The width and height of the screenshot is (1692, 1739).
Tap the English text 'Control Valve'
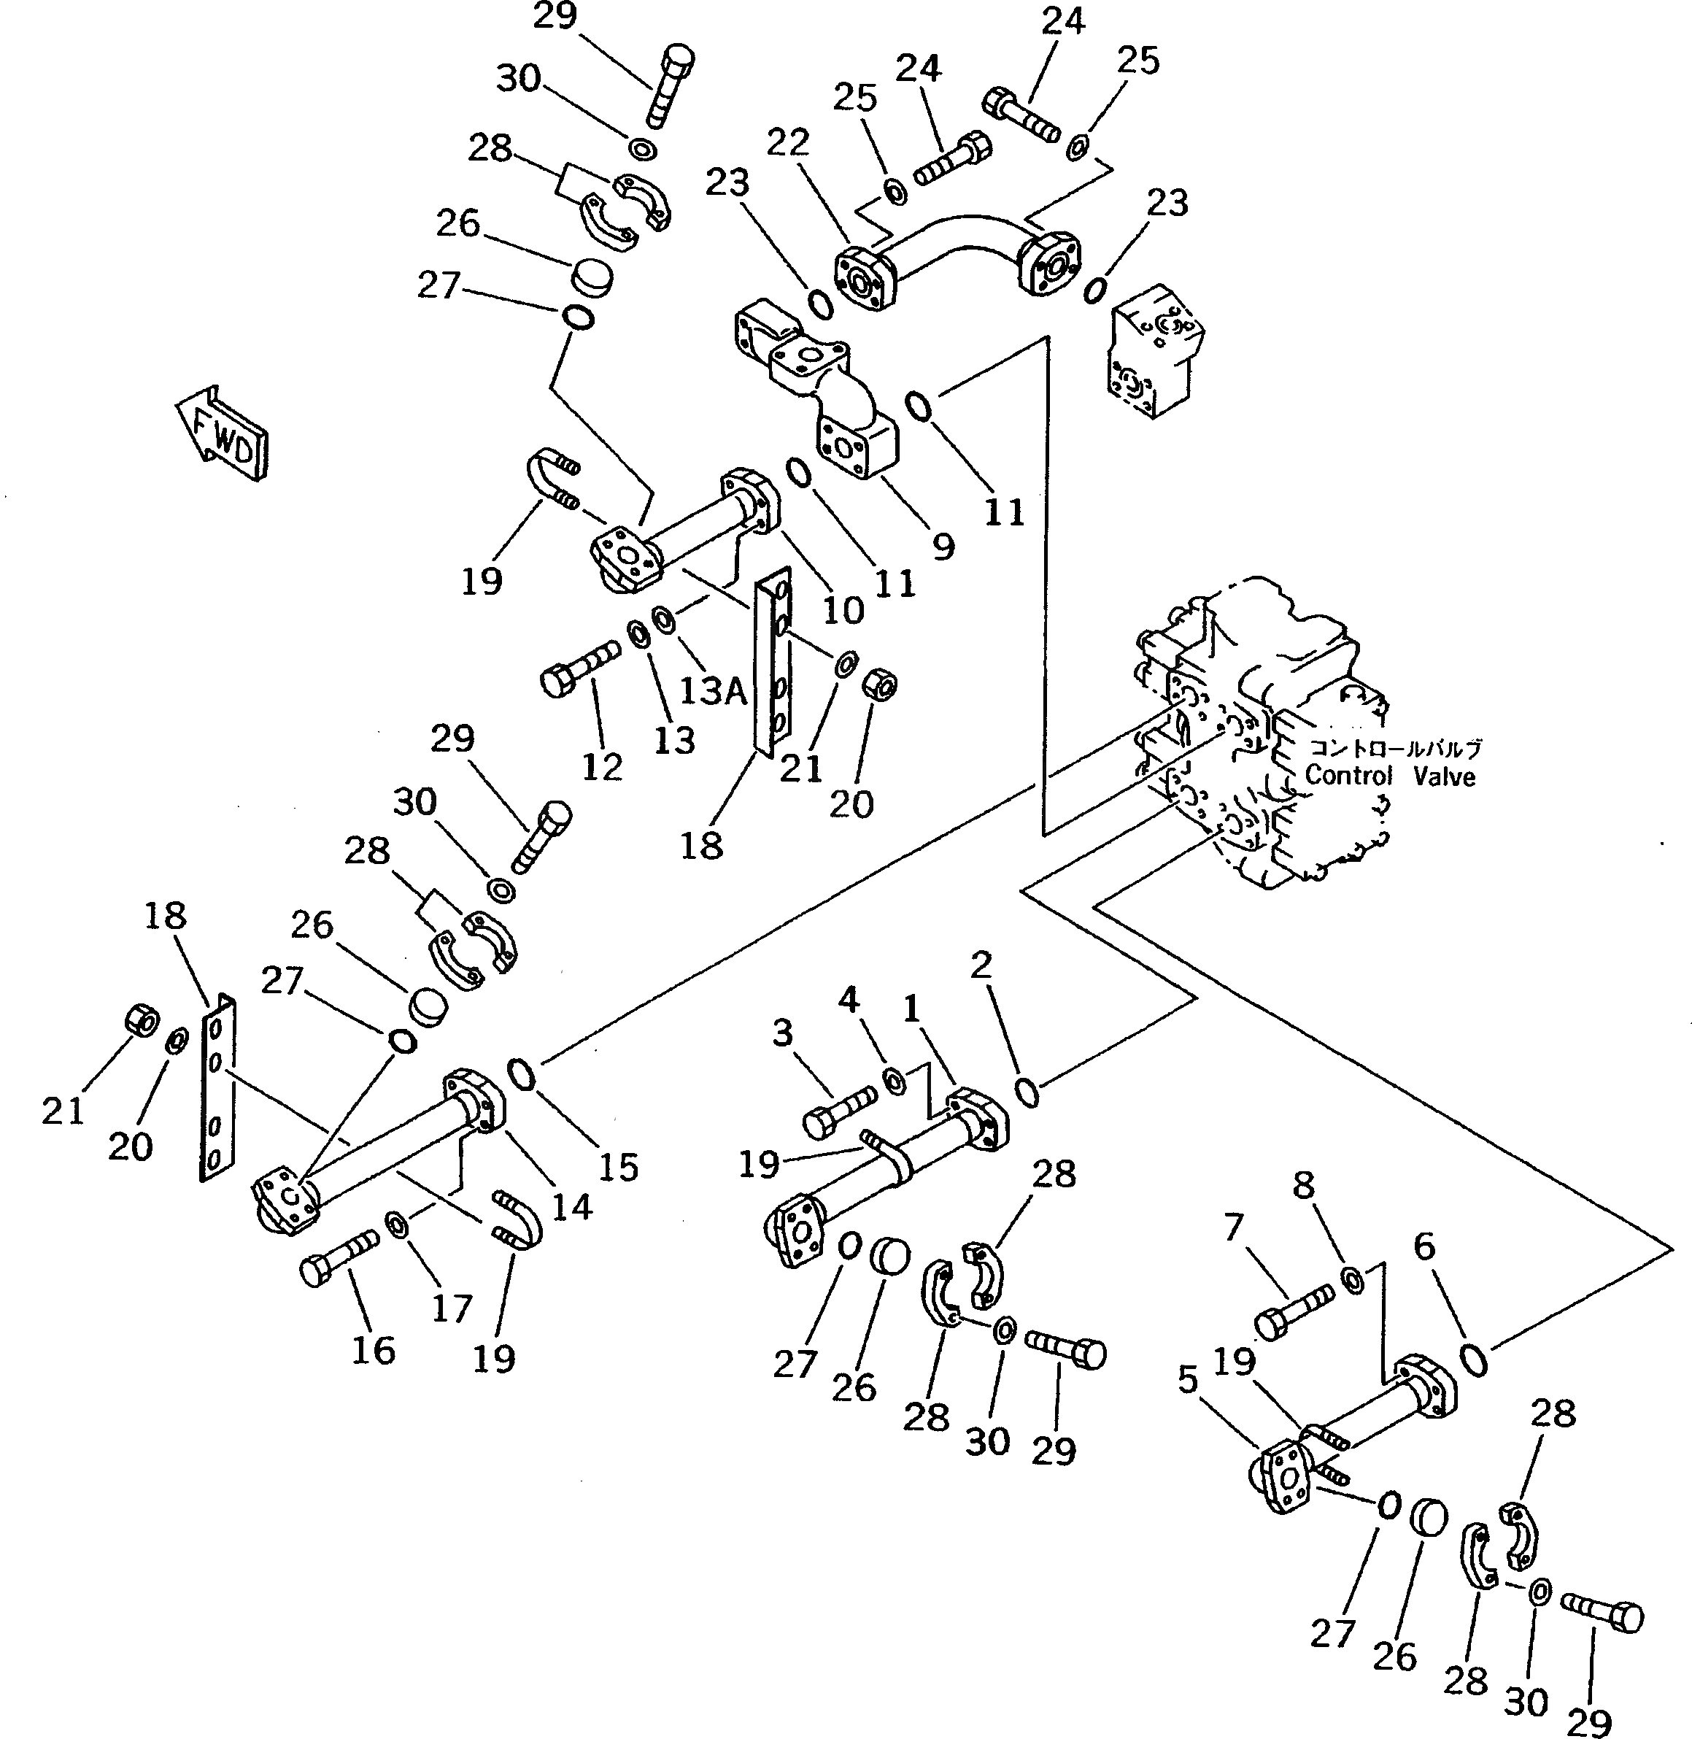(x=1390, y=776)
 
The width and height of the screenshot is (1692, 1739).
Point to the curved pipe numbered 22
(x=958, y=261)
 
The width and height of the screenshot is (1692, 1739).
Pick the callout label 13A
(x=714, y=690)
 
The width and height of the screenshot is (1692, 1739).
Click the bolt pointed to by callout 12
(x=579, y=666)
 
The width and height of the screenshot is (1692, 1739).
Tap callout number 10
(x=843, y=611)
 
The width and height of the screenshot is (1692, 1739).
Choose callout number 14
(x=571, y=1206)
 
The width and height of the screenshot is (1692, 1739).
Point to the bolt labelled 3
(x=839, y=1114)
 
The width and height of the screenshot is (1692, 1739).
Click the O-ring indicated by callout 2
(x=1027, y=1092)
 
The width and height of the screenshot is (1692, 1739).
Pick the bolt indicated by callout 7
(x=1294, y=1310)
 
